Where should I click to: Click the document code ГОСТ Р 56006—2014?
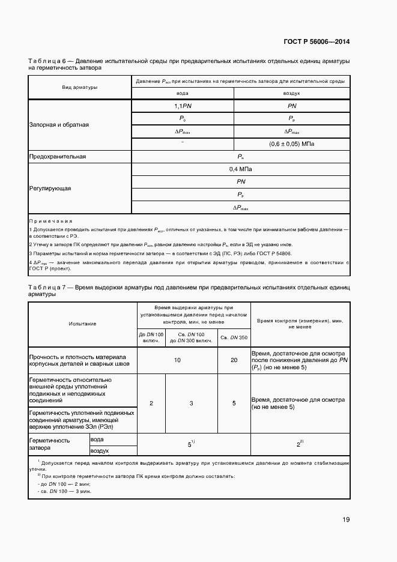click(x=317, y=42)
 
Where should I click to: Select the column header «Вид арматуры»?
click(x=79, y=88)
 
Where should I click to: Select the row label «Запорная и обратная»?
click(x=59, y=125)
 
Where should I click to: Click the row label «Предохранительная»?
click(x=58, y=157)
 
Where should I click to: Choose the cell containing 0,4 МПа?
click(x=240, y=169)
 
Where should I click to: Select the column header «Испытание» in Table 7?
click(x=83, y=324)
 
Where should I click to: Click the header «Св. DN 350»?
click(x=233, y=337)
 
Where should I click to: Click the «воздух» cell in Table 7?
click(x=100, y=450)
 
